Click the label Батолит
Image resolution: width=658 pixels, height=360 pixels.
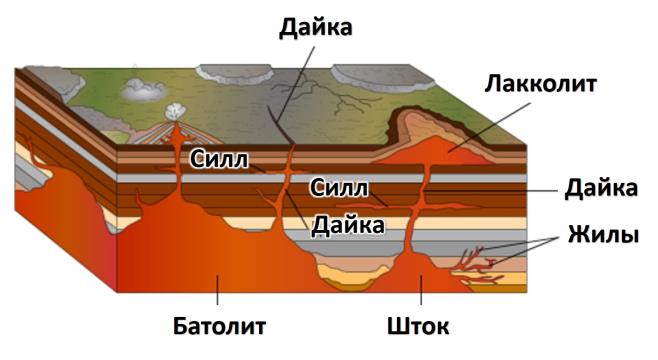219,326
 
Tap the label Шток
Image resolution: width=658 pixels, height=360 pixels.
418,326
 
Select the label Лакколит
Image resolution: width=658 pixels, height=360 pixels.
540,84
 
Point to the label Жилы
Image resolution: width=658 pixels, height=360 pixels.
604,237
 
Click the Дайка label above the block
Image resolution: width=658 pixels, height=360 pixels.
315,26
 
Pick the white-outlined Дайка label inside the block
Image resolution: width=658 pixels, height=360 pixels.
347,225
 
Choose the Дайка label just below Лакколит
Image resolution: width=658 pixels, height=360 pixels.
602,188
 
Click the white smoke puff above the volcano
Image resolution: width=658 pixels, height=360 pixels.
176,113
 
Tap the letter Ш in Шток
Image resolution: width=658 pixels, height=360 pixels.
396,326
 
